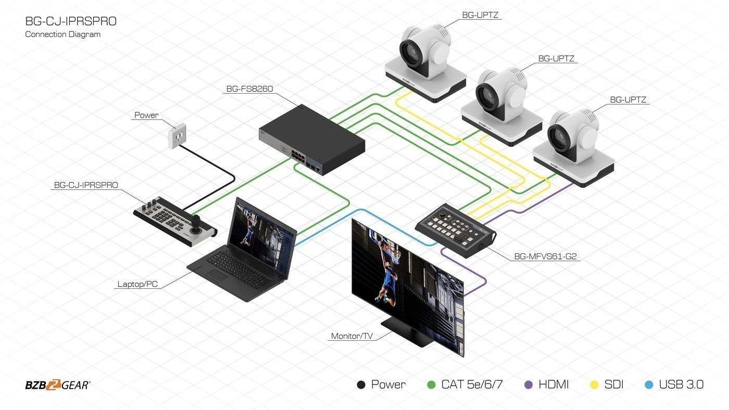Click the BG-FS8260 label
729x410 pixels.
pyautogui.click(x=249, y=89)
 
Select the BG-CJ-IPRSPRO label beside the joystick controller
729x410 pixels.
pyautogui.click(x=86, y=185)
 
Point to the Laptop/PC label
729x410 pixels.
pyautogui.click(x=137, y=284)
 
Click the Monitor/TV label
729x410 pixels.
pyautogui.click(x=352, y=336)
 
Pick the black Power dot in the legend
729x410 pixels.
pyautogui.click(x=361, y=385)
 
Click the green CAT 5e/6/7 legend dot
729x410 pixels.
pyautogui.click(x=431, y=385)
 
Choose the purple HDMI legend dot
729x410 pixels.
pyautogui.click(x=529, y=385)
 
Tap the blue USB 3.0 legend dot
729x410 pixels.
pyautogui.click(x=649, y=385)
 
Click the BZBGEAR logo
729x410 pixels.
pyautogui.click(x=58, y=385)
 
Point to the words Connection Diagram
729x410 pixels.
pyautogui.click(x=63, y=34)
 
